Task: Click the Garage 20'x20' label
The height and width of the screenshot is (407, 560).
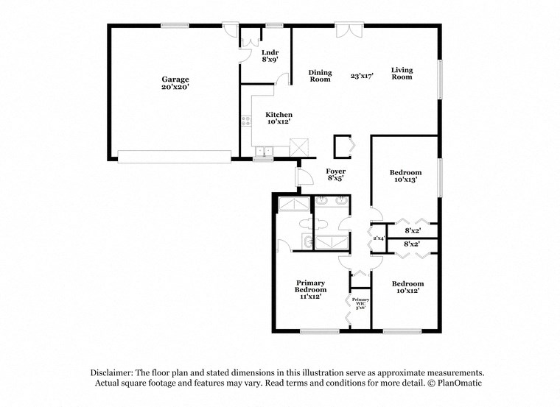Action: (x=175, y=83)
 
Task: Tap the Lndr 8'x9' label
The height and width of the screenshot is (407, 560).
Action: (x=270, y=56)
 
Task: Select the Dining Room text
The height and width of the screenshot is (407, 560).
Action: (x=320, y=76)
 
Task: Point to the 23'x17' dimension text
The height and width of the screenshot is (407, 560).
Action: (x=362, y=76)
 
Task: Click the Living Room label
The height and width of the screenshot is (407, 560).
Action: (x=402, y=74)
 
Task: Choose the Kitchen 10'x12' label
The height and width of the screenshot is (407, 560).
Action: (x=279, y=118)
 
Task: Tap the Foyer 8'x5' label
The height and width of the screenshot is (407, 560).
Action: (x=335, y=175)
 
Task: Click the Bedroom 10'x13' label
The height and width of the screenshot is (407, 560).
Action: (x=405, y=176)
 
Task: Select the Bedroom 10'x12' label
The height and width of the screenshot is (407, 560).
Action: (x=407, y=287)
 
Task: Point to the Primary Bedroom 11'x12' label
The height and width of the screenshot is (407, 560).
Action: (x=310, y=289)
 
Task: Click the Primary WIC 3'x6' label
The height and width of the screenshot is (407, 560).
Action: (x=360, y=303)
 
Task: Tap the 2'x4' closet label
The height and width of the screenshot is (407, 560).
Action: (x=378, y=238)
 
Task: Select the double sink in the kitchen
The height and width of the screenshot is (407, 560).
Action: (x=263, y=152)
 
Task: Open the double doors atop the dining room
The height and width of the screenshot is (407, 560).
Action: (x=345, y=29)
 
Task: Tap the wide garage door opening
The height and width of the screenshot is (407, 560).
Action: (x=175, y=156)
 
